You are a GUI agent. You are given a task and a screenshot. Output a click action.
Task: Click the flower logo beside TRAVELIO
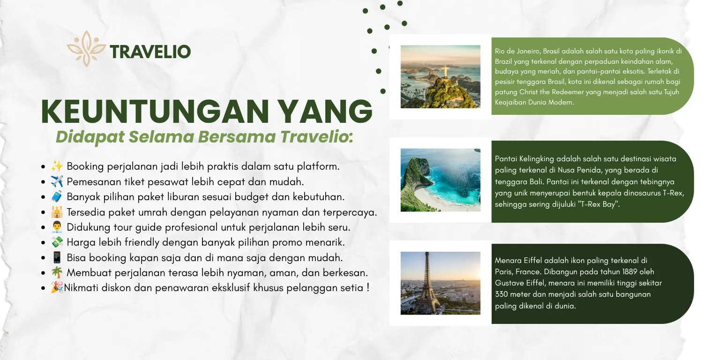(86, 49)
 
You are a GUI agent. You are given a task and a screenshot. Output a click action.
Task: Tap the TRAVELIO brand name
(150, 52)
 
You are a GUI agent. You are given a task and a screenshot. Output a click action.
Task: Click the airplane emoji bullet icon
(57, 181)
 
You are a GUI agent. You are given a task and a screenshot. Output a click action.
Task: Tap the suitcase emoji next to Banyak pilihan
(57, 196)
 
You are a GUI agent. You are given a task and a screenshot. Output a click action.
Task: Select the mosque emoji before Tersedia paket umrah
(57, 212)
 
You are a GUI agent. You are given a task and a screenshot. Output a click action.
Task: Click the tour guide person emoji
(57, 227)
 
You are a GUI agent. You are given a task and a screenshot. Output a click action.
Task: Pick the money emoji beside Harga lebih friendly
(57, 242)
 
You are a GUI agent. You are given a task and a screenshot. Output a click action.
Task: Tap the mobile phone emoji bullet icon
(57, 257)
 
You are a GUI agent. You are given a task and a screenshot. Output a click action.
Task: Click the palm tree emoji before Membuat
(57, 272)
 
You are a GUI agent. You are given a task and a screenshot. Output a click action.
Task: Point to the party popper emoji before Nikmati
(57, 287)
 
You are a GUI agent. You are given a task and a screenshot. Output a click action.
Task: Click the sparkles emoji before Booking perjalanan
(57, 166)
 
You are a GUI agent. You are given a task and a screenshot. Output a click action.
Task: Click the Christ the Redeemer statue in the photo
(445, 72)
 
